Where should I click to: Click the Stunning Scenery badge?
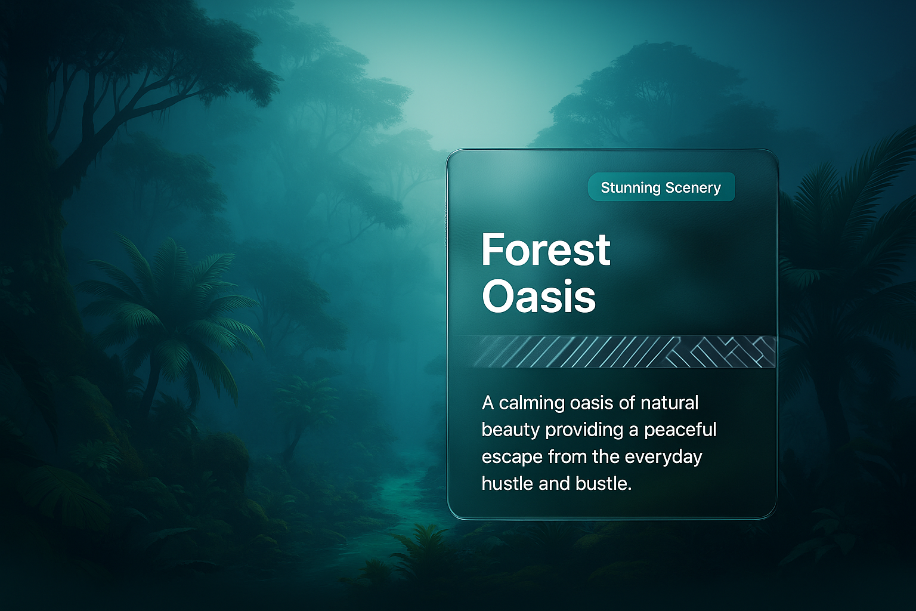click(x=661, y=187)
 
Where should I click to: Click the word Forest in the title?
click(x=546, y=249)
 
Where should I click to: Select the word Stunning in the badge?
click(x=630, y=188)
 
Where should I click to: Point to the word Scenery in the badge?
click(x=693, y=188)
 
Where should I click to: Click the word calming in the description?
click(x=531, y=403)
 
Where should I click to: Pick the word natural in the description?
click(x=670, y=403)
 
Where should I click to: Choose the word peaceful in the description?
click(x=680, y=431)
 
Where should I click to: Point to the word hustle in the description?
click(x=506, y=484)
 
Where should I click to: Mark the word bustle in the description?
click(x=604, y=484)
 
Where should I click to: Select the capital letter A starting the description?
click(x=488, y=403)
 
